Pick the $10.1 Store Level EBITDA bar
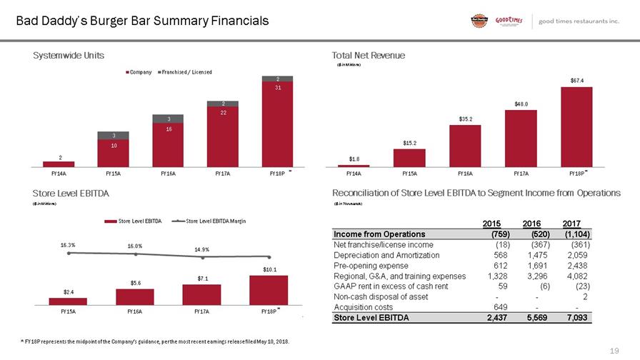click(269, 290)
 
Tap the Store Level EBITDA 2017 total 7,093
click(575, 318)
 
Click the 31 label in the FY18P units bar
click(269, 89)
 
